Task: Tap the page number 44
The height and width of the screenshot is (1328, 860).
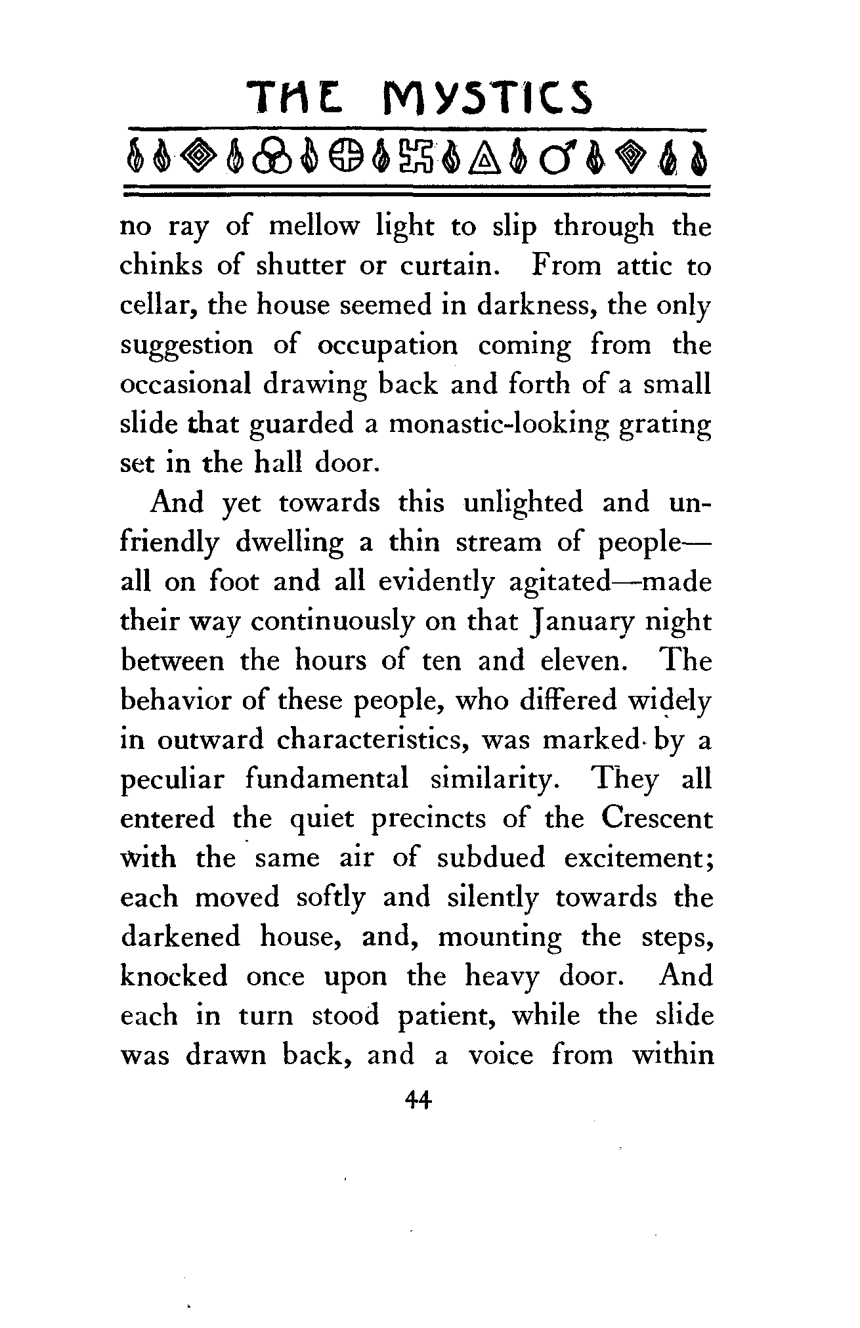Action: pos(418,1098)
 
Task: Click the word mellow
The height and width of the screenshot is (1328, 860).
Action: pos(314,226)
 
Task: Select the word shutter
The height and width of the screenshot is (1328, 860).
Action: pos(300,266)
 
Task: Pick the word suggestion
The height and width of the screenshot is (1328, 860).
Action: pos(186,346)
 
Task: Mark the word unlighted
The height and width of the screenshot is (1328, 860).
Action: pos(523,503)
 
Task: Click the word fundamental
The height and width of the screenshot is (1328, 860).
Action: pos(327,779)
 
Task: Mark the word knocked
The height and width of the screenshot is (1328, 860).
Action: pos(174,976)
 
